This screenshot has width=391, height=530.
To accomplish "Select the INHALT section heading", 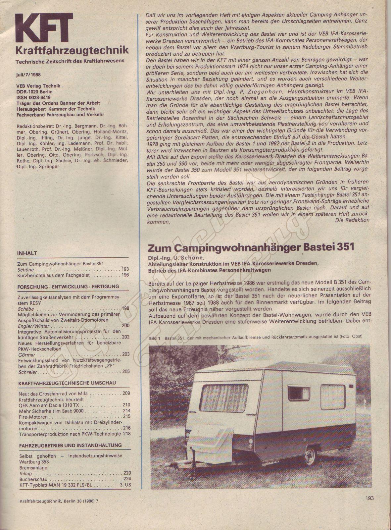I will pos(27,253).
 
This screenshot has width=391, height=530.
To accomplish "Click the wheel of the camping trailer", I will pos(310,455).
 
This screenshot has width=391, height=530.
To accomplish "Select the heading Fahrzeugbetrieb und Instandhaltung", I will pos(71,446).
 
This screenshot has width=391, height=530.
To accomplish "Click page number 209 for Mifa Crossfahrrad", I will pos(126,394).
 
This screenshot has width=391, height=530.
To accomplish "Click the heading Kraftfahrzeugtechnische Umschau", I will pos(67,383).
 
